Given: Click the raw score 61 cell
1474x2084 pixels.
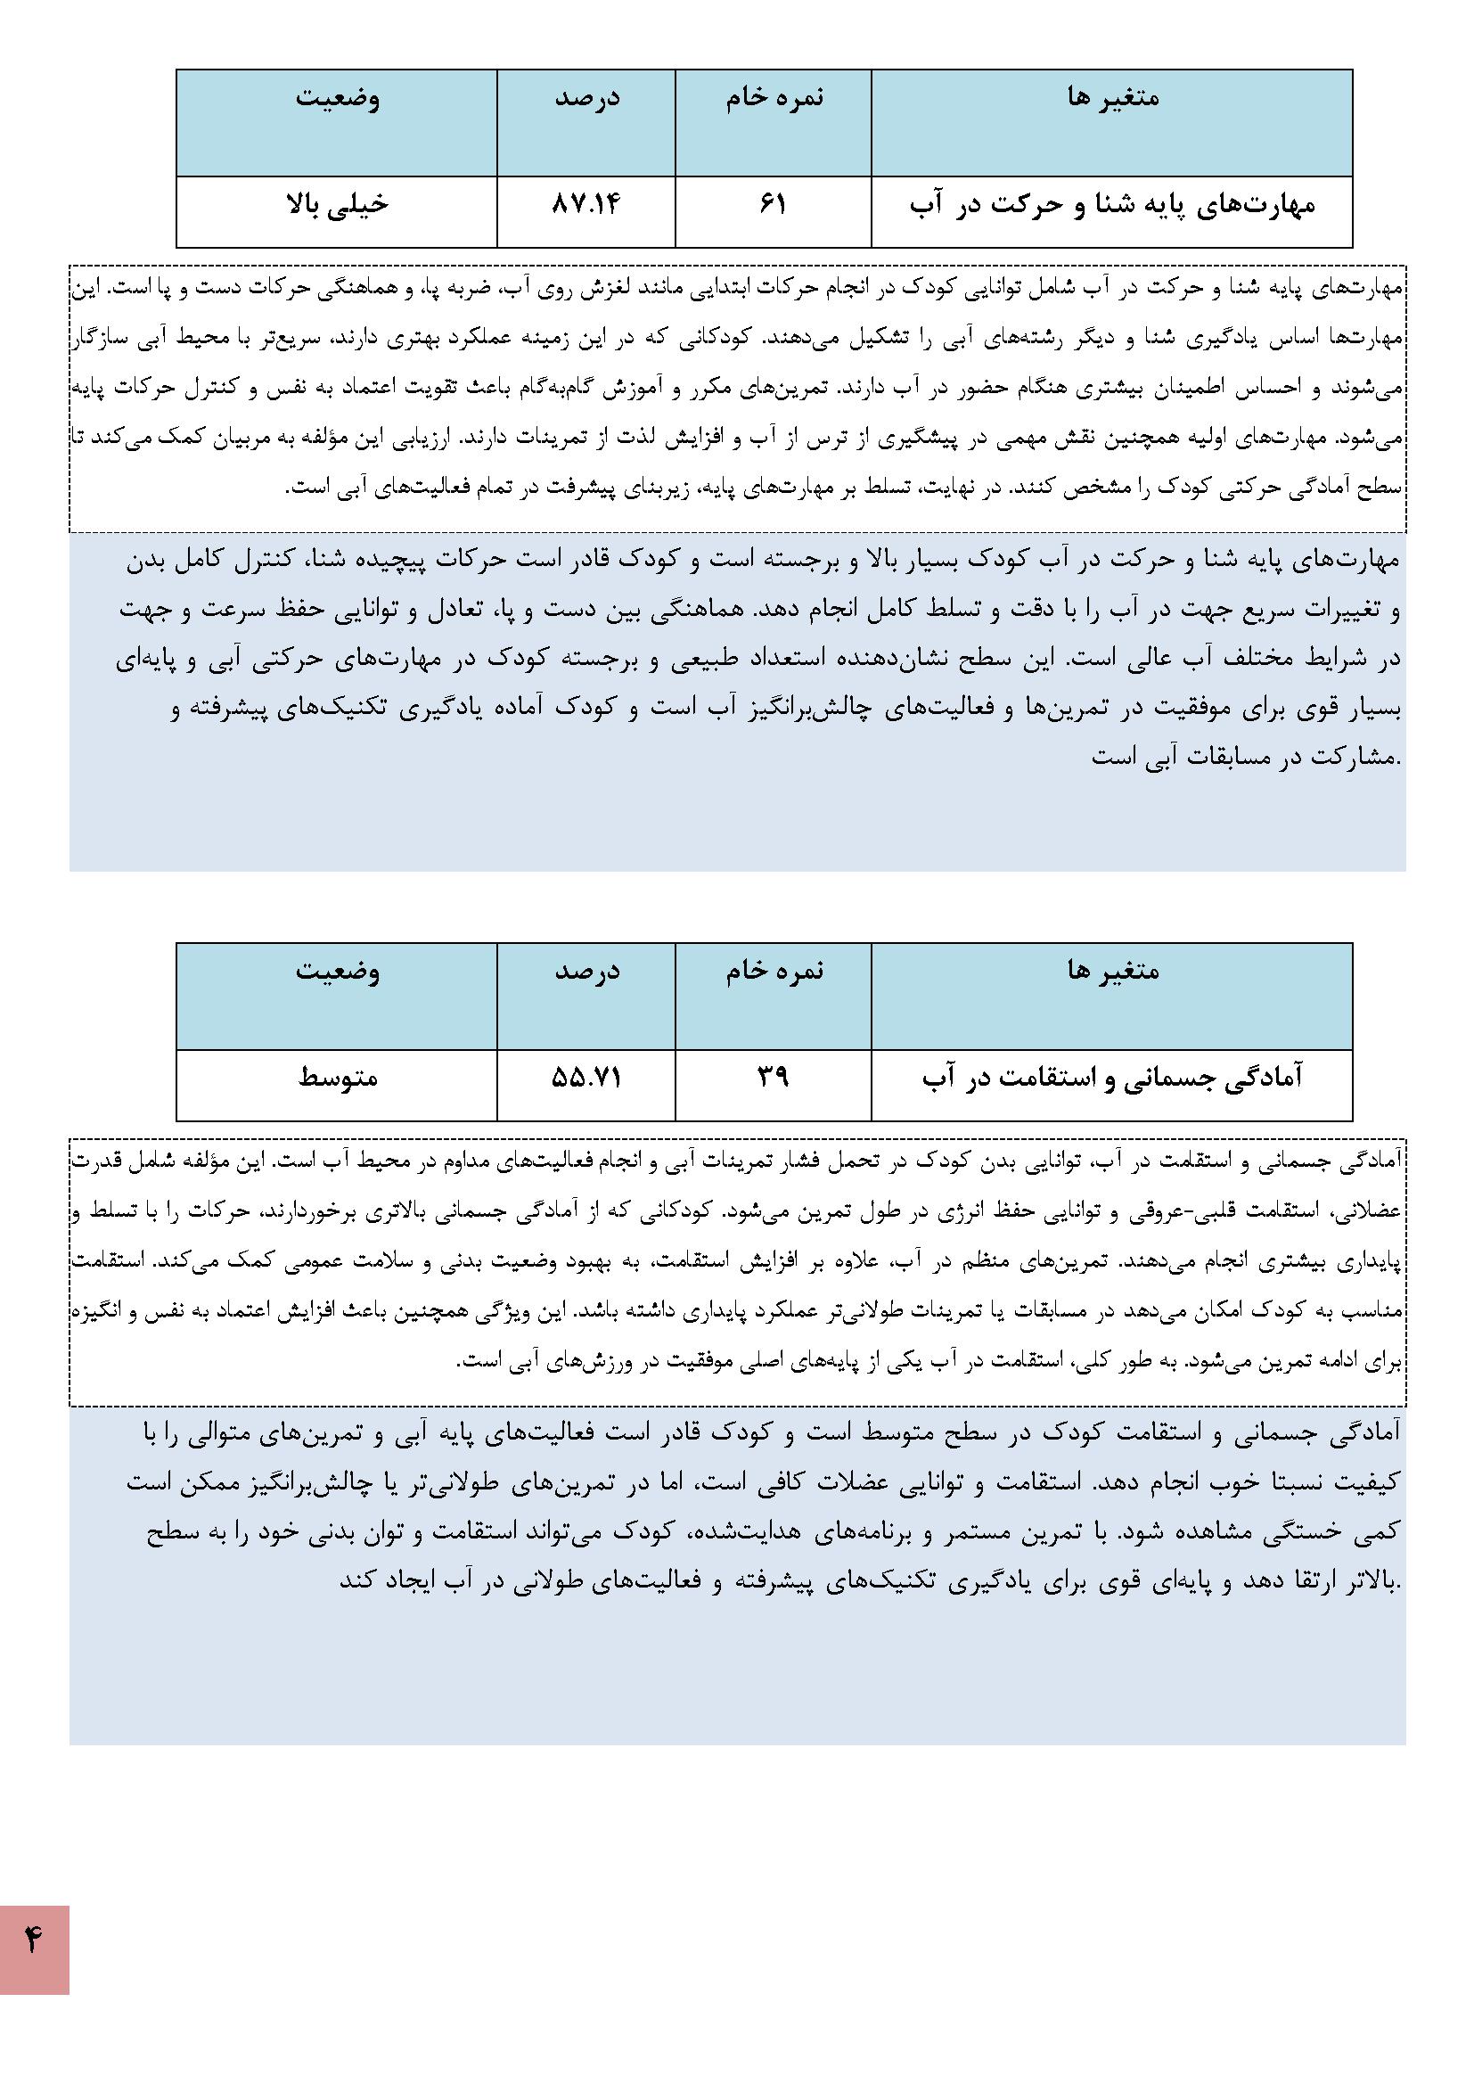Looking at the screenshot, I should (x=773, y=206).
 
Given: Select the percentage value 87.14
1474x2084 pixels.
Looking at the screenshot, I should (x=586, y=206).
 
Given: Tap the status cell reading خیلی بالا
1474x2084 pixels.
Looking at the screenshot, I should (x=337, y=206).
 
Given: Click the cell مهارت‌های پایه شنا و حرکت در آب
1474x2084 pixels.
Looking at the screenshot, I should (x=1112, y=206).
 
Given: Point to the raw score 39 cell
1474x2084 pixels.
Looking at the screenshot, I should (x=773, y=1079).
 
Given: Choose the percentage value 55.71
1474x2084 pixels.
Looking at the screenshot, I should (x=586, y=1079).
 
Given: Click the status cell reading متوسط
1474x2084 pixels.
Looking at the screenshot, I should (x=337, y=1079).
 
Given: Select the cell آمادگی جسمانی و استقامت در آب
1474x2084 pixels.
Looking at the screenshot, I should (x=1112, y=1079).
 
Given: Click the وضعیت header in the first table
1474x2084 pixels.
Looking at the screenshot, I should (x=337, y=98).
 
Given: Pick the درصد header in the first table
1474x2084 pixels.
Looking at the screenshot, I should (x=586, y=98).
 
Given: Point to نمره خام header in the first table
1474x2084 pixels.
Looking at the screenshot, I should (x=774, y=98).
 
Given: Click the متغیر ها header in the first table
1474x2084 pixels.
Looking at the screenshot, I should (x=1113, y=98).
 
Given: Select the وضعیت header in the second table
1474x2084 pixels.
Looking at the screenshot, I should (x=337, y=972).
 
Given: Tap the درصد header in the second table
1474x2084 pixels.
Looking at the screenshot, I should (x=586, y=972).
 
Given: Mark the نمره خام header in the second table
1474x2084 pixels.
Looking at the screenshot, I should (x=774, y=972).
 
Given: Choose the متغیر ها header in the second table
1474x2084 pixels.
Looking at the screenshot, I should (x=1113, y=972).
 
